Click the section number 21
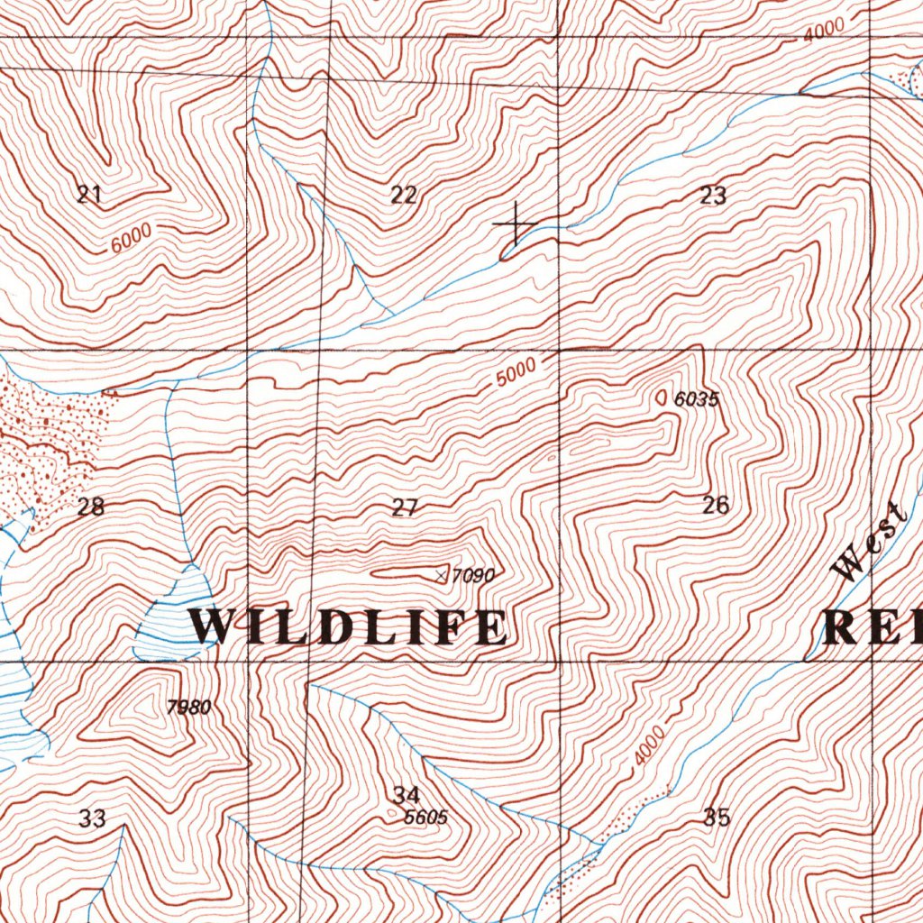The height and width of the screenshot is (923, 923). (88, 194)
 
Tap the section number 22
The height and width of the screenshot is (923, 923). (404, 195)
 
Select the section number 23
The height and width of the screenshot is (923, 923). (713, 196)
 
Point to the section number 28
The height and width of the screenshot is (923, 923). (90, 507)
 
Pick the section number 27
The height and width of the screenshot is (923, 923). (405, 508)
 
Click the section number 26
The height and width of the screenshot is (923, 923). (716, 505)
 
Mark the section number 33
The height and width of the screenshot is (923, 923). (92, 818)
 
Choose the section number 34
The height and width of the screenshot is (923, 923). (407, 795)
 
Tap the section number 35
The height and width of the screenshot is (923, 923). (717, 818)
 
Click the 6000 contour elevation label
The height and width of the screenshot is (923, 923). (133, 237)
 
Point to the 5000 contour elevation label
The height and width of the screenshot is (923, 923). (516, 372)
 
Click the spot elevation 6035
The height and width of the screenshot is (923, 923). (697, 399)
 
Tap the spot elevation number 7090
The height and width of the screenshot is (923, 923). (474, 574)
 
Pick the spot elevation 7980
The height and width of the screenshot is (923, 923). (189, 707)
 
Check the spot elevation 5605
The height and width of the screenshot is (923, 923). (426, 818)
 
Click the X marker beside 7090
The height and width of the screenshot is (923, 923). (441, 574)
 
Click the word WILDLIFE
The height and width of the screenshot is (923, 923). (349, 627)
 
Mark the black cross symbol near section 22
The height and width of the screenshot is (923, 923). (516, 223)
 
